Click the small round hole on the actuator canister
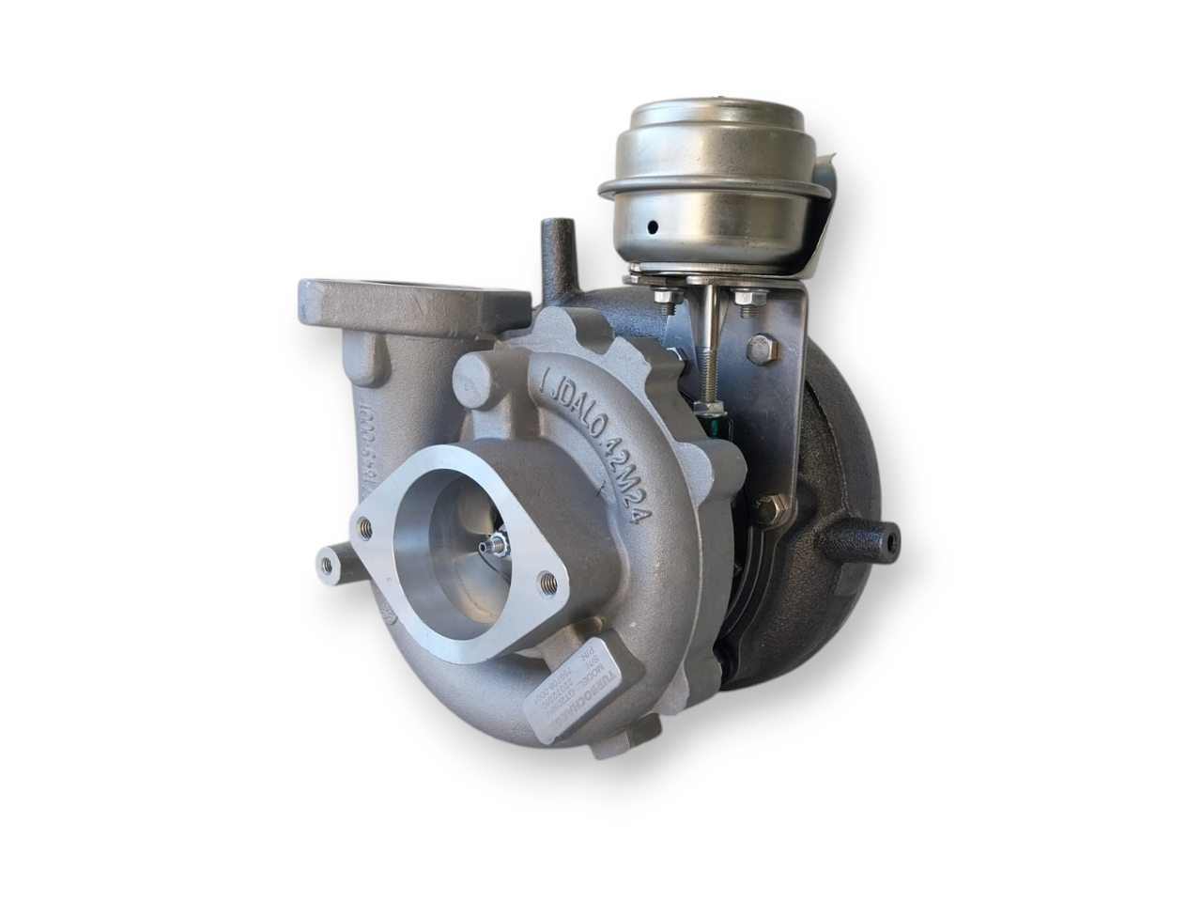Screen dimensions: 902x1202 [x=649, y=227]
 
